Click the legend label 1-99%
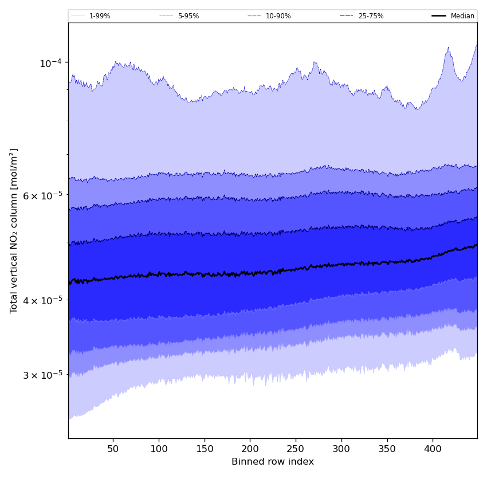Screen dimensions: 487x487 100,16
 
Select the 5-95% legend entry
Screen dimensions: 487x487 188,16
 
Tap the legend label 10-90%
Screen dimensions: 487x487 278,16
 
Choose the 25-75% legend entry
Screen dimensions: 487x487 371,16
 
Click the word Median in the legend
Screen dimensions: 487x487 462,16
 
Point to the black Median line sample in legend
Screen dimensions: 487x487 439,16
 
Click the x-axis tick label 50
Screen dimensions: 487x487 113,448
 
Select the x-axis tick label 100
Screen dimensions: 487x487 159,448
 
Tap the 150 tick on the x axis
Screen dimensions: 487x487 205,448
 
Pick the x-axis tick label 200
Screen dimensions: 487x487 250,448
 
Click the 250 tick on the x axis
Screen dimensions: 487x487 296,448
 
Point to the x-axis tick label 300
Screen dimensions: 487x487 341,448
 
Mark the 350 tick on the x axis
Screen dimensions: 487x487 387,448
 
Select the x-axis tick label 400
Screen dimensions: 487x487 433,448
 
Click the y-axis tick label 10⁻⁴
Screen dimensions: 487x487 50,62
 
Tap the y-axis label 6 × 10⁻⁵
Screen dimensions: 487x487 42,195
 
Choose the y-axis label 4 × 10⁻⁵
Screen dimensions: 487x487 42,300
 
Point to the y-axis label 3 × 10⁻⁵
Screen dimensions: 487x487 42,375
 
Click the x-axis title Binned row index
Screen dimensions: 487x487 273,462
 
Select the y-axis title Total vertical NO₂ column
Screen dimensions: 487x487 14,230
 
